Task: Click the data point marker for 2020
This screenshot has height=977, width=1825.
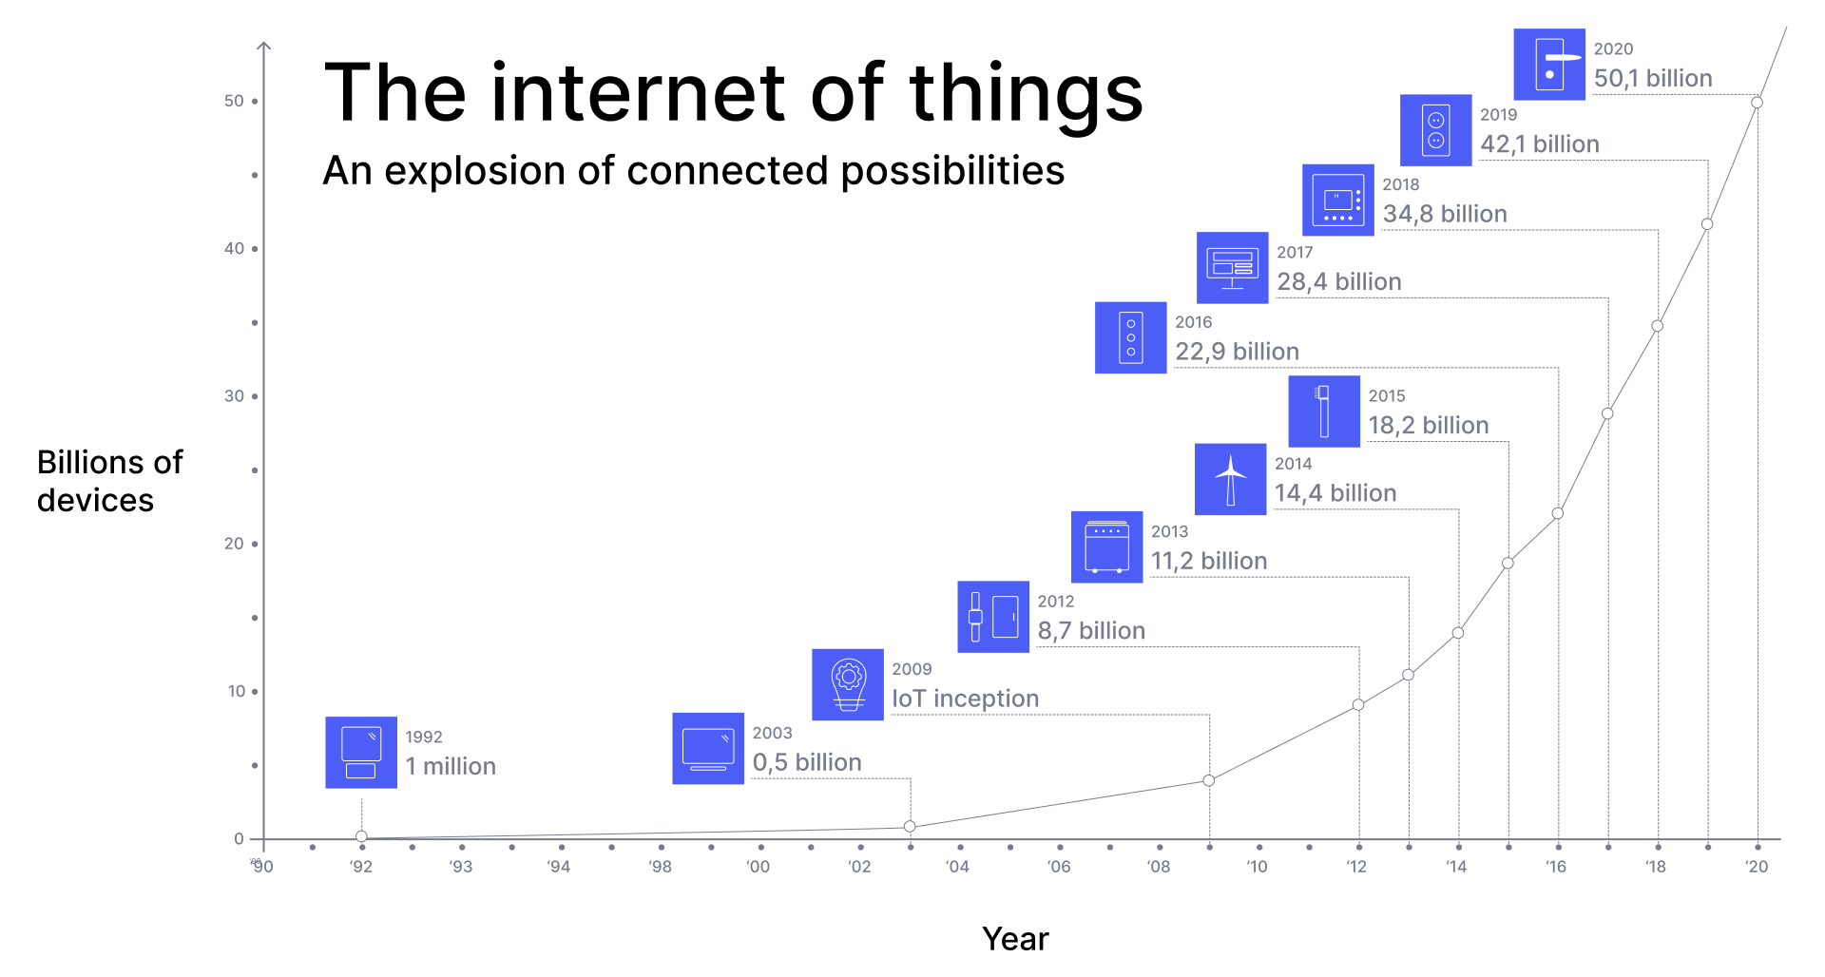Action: (1757, 103)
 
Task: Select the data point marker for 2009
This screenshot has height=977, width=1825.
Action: (1209, 780)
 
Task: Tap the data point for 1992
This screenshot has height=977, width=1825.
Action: (361, 837)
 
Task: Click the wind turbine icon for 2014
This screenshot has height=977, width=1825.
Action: (1230, 479)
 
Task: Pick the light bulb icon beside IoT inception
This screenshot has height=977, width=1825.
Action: (848, 684)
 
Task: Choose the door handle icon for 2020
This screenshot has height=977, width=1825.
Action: (1549, 64)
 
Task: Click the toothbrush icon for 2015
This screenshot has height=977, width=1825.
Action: (1324, 412)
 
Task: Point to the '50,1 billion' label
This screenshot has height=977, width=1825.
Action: (1653, 78)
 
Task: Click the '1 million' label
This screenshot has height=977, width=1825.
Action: (451, 766)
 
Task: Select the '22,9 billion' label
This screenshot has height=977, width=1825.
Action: (1237, 352)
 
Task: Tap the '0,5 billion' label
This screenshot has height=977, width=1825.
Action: (807, 762)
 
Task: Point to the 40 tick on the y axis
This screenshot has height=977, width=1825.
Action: (255, 249)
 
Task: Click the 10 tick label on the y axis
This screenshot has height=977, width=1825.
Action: (237, 691)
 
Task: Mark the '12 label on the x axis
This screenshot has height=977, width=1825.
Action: (1356, 866)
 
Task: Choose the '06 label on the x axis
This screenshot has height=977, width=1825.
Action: (1059, 866)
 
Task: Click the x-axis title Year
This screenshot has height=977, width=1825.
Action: (1015, 939)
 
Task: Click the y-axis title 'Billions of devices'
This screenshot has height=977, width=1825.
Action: (110, 481)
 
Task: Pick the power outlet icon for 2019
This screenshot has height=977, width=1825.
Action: (1436, 130)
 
